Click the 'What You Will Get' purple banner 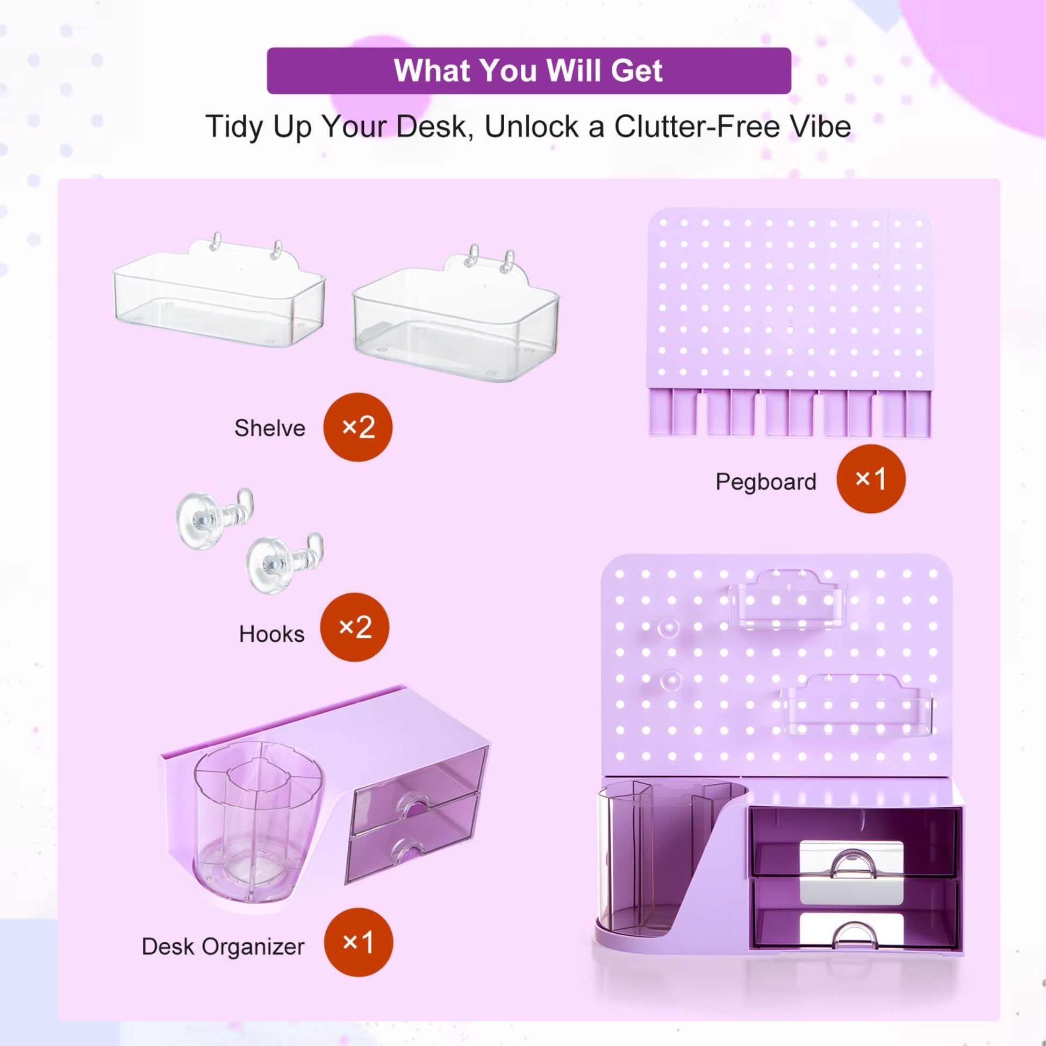528,71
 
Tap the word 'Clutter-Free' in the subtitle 697,127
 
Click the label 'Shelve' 270,428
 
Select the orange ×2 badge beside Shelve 358,427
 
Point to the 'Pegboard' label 765,482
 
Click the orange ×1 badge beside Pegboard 871,478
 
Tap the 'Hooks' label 271,634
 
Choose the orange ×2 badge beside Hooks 355,627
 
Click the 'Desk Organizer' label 223,947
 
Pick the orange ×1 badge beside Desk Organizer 359,943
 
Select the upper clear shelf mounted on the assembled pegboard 789,600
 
